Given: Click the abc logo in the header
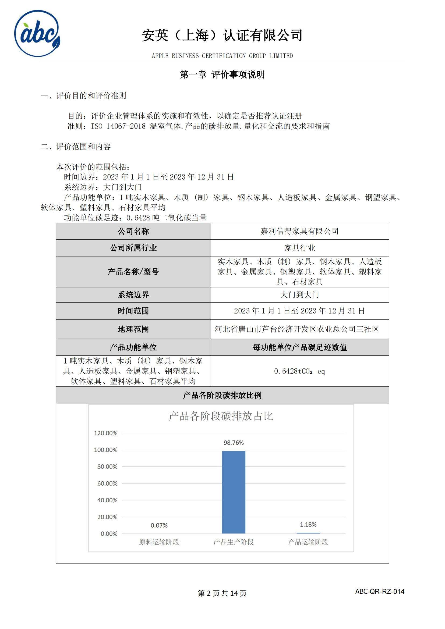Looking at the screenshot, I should coord(37,33).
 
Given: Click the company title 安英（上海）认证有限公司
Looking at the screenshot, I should coord(222,35).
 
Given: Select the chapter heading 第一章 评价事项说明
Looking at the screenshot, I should coord(222,74).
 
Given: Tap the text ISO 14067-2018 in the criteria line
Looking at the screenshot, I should coord(118,126).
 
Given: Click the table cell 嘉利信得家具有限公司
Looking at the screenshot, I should coord(299,231).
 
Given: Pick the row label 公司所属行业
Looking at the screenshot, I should coord(133,248).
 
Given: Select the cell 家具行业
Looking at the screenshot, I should coord(299,248).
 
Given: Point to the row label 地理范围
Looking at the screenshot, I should coord(133,329).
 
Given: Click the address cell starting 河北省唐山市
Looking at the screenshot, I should coord(297,329).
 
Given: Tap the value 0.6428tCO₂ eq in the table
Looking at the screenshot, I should coord(299,371).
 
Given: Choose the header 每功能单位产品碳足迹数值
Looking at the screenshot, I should coord(299,347).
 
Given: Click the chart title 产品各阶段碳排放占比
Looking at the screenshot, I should coord(221,416).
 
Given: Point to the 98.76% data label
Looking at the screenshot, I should coord(234,443).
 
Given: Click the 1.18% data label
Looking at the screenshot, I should coord(308,524).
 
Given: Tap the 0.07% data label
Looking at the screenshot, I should coord(159,525).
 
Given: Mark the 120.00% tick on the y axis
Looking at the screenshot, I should coord(106,433).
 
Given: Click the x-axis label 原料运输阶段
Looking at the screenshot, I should coord(159,542).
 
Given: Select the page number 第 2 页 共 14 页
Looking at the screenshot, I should coord(222,594).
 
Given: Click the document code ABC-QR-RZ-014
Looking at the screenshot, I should coord(380,591).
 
